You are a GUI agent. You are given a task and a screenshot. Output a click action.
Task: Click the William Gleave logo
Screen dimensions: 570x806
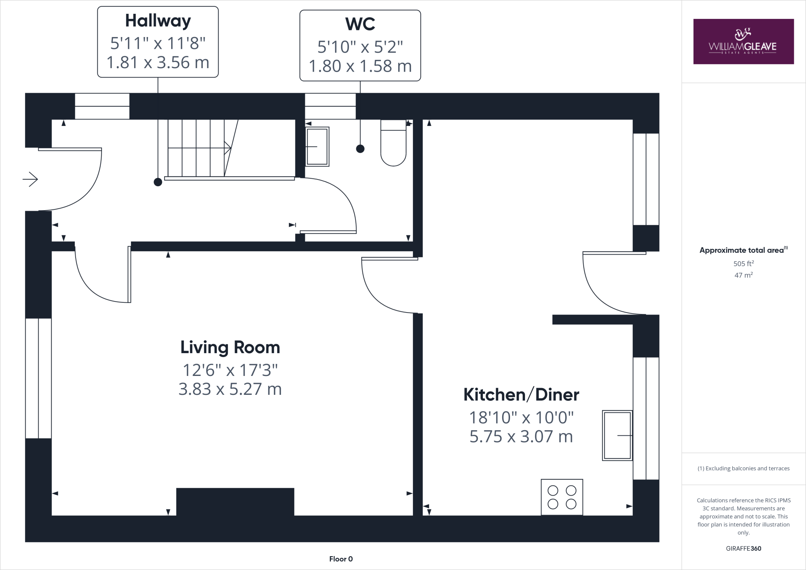(743, 41)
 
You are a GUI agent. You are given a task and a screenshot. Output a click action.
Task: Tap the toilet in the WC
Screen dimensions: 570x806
(393, 144)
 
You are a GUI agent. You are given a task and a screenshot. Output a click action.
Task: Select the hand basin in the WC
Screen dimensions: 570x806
(317, 146)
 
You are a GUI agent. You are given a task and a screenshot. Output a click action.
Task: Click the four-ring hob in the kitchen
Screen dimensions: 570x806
(562, 497)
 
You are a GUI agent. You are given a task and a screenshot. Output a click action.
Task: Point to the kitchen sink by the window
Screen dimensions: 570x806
(617, 435)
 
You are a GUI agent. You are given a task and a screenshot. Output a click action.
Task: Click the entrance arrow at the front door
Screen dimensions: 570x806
(30, 180)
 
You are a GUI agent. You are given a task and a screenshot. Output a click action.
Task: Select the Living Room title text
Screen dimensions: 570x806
(230, 347)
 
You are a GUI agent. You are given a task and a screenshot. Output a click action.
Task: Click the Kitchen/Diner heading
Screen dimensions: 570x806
(521, 394)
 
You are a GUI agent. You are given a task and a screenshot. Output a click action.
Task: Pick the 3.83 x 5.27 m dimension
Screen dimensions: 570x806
(230, 389)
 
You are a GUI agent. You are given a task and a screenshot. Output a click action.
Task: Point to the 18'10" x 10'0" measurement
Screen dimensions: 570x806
(521, 417)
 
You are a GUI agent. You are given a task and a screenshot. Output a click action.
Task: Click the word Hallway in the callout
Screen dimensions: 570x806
(158, 21)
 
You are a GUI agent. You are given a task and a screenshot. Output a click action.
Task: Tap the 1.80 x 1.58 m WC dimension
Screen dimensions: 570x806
(360, 66)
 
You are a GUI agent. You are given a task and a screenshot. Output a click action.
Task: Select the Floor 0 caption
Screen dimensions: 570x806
(341, 559)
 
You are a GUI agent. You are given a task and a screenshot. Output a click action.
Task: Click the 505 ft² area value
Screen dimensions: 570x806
(743, 264)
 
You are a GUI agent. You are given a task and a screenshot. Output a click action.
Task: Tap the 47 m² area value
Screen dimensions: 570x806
(743, 275)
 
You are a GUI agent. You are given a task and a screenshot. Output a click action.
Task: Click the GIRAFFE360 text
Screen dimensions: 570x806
(743, 548)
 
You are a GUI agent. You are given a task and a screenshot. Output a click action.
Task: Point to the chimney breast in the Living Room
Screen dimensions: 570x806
(235, 502)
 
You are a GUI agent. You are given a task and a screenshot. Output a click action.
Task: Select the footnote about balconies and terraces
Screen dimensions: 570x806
(743, 468)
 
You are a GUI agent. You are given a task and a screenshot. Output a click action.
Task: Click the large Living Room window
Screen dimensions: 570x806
(39, 378)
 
